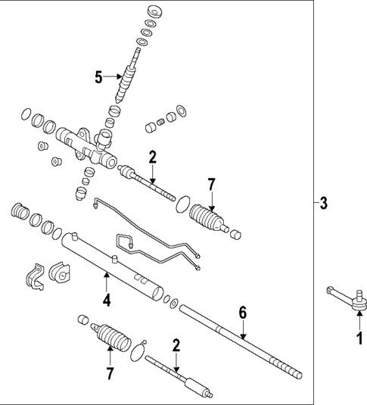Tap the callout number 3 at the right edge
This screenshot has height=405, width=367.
pos(323,204)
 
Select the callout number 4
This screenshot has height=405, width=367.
pos(107,301)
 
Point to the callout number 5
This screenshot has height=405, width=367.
pos(98,76)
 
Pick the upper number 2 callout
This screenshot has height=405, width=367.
pos(152,157)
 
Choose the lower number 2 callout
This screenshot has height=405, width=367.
pos(176,345)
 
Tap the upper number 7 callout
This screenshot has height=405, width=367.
pos(212,185)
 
